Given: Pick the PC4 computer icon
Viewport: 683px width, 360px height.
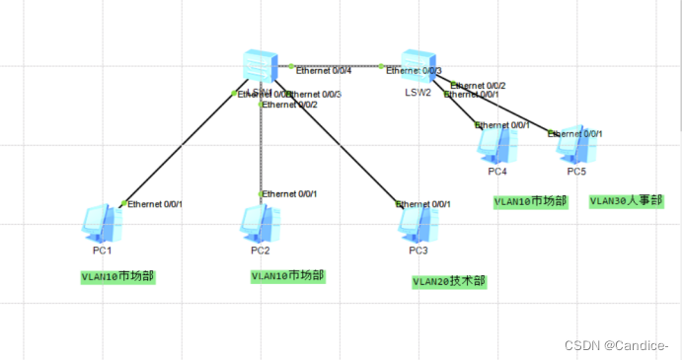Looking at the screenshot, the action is [496, 146].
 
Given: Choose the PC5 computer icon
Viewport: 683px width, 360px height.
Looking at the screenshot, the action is [573, 146].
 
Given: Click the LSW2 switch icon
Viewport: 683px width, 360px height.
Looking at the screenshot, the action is [418, 65].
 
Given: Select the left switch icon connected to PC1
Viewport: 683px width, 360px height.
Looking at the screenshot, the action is [262, 66].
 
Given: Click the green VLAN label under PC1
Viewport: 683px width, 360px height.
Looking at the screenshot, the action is [117, 277].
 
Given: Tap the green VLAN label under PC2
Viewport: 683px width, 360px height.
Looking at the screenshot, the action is [287, 276].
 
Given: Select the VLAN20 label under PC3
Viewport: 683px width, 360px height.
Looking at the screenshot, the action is [449, 281].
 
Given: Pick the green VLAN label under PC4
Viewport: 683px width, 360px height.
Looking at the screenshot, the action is [531, 201].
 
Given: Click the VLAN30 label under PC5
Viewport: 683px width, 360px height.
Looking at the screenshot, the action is [626, 201].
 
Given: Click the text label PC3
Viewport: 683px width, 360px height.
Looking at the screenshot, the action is [418, 251].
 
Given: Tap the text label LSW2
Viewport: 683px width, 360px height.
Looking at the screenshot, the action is [418, 92].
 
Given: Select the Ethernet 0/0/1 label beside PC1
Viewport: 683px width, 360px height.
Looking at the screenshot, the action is [155, 204].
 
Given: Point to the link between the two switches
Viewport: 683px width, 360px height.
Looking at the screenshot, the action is [336, 65].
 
